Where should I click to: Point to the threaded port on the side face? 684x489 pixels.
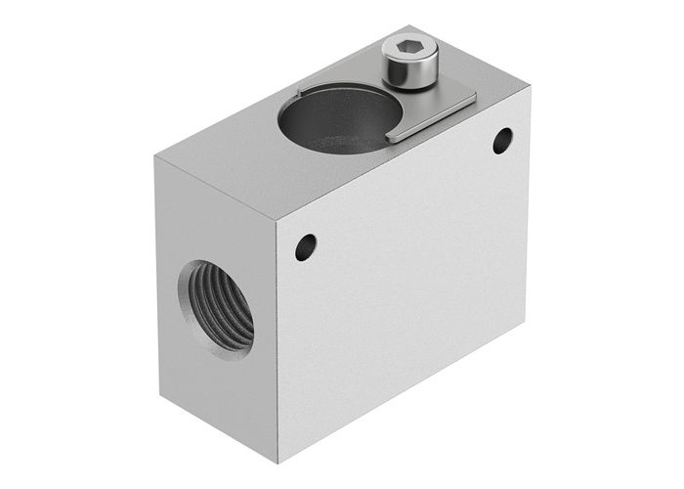point(216,309)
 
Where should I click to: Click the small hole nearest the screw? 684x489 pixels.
point(502,140)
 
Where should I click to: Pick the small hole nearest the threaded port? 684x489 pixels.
point(306,246)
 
